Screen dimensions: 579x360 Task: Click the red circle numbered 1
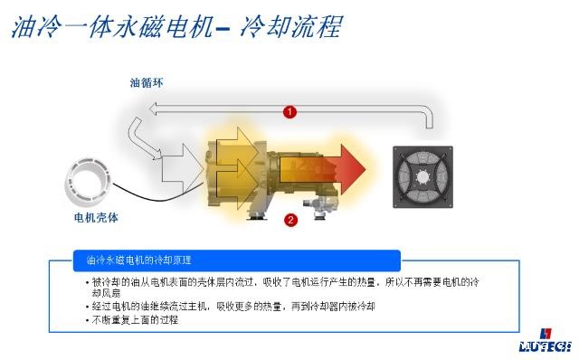tap(289, 112)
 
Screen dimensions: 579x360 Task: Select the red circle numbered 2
tap(290, 219)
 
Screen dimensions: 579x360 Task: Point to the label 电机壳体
tap(96, 218)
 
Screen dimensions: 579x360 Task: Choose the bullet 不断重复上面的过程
tap(136, 319)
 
